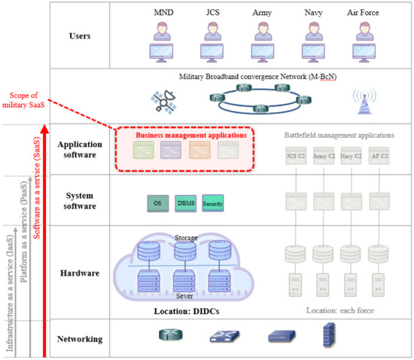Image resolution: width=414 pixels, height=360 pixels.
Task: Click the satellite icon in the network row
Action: tap(162, 99)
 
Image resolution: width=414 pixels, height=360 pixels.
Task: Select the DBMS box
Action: tap(186, 202)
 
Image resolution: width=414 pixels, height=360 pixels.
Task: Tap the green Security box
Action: tap(215, 202)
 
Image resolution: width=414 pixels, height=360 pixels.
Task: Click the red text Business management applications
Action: tap(190, 135)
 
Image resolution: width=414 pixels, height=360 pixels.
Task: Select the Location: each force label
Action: tap(339, 310)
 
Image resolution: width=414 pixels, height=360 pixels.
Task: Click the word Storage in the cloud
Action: tap(186, 238)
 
